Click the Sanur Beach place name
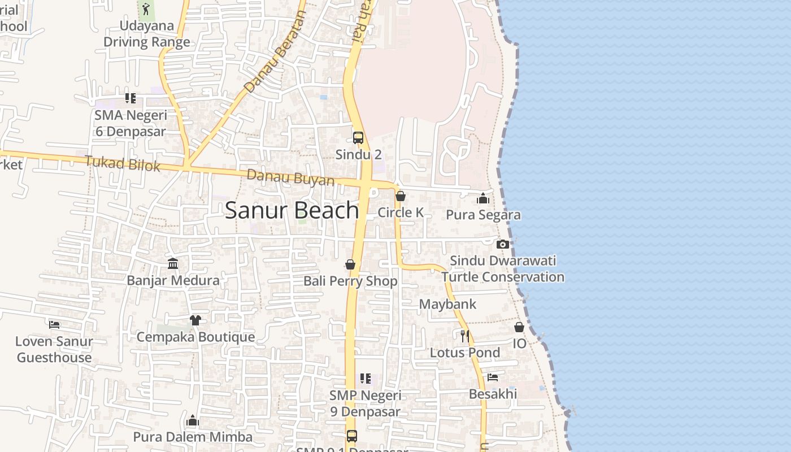coord(292,210)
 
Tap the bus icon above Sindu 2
coord(358,137)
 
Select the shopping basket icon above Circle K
coord(401,196)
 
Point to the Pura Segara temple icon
coord(483,198)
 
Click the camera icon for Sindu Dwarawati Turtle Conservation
coord(502,244)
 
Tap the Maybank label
coord(447,304)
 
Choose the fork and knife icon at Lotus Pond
coord(465,336)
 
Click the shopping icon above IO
coord(519,327)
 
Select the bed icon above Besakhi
coord(493,377)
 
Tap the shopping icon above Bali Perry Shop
coord(350,264)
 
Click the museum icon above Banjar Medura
coord(173,264)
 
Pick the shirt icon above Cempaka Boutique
coord(195,320)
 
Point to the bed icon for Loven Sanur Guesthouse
coord(54,324)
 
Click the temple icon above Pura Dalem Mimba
coord(193,420)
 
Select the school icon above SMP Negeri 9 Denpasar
coord(366,379)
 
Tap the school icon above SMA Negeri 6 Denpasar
coord(131,98)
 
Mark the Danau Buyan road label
coord(290,178)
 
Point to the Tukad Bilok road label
coord(123,164)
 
